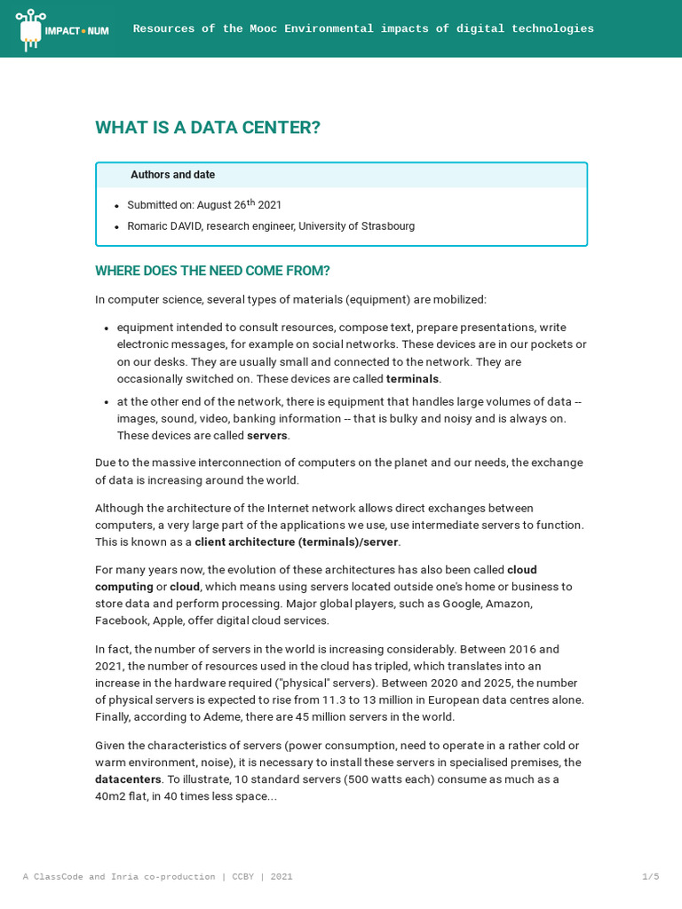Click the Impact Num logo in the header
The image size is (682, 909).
point(63,29)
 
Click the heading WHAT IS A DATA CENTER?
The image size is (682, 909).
point(208,128)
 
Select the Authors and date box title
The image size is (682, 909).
point(172,175)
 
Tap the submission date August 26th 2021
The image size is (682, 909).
point(239,205)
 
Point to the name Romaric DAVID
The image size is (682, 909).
point(164,226)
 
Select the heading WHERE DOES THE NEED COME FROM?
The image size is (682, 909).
point(212,271)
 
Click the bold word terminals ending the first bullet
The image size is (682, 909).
point(412,379)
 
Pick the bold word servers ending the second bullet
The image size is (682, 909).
point(267,436)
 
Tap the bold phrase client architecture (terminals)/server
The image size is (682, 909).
point(297,542)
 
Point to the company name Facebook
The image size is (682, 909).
point(122,620)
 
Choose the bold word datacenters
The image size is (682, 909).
point(128,779)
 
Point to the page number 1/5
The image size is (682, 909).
point(650,877)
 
